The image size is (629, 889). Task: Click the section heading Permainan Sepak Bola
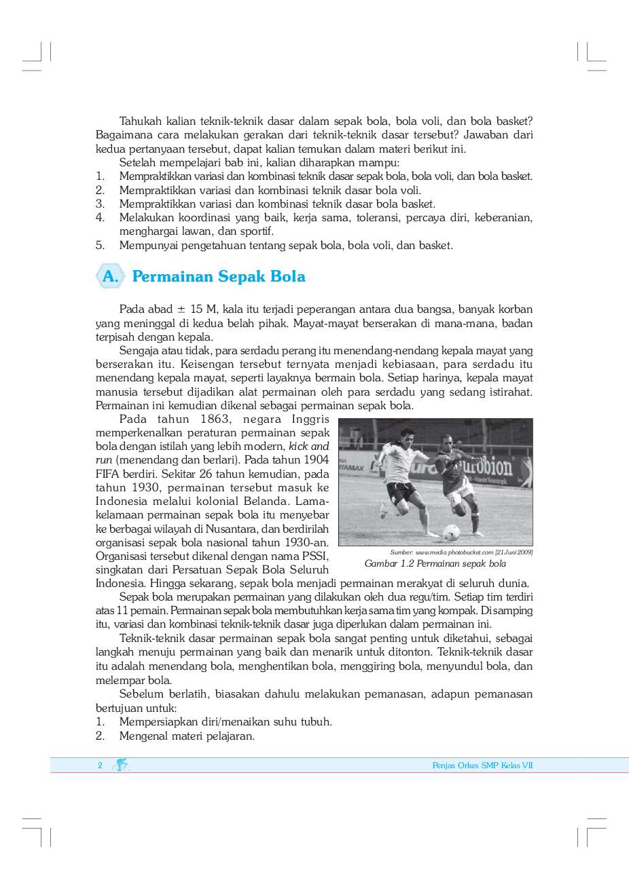pyautogui.click(x=218, y=277)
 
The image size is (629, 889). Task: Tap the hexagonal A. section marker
pyautogui.click(x=110, y=277)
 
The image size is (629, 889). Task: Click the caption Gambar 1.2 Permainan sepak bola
pyautogui.click(x=435, y=564)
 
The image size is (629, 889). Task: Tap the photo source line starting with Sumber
pyautogui.click(x=461, y=552)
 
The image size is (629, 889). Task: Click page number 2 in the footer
pyautogui.click(x=100, y=765)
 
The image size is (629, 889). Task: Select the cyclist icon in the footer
pyautogui.click(x=121, y=765)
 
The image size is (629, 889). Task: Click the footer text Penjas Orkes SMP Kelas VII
pyautogui.click(x=482, y=765)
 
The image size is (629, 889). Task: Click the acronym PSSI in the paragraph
pyautogui.click(x=315, y=556)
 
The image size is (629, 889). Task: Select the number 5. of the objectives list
pyautogui.click(x=100, y=246)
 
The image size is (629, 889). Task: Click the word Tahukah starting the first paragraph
pyautogui.click(x=141, y=121)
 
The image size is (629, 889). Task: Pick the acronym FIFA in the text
pyautogui.click(x=107, y=474)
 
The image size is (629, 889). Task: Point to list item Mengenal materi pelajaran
pyautogui.click(x=187, y=736)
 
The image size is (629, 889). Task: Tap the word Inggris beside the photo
pyautogui.click(x=310, y=419)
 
